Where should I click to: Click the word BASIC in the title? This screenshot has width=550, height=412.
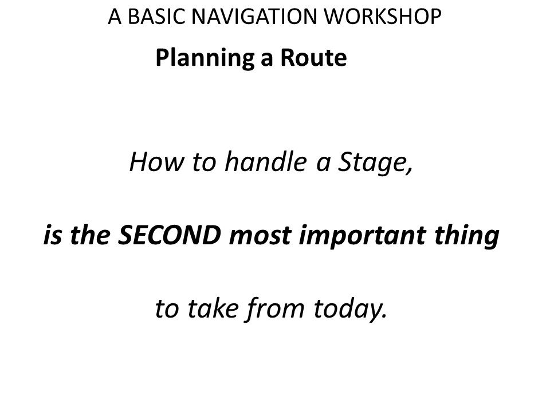click(x=156, y=17)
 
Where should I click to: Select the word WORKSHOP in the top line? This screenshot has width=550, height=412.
click(x=382, y=17)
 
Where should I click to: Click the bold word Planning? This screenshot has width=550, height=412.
click(x=205, y=58)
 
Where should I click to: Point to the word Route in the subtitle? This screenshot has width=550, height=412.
click(x=313, y=57)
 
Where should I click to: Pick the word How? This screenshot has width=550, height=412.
click(x=156, y=161)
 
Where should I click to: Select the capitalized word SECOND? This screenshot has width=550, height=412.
click(x=170, y=235)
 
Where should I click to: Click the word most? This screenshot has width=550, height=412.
click(x=260, y=236)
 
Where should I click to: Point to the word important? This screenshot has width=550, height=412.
click(x=363, y=236)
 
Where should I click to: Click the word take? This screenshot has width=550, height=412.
click(x=213, y=308)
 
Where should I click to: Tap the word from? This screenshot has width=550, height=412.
click(x=274, y=309)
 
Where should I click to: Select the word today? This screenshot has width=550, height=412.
click(x=347, y=309)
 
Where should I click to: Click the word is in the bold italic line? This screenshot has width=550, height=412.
click(x=53, y=235)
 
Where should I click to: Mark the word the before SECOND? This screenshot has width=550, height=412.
click(x=90, y=235)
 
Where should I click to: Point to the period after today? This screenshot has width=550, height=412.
click(x=384, y=316)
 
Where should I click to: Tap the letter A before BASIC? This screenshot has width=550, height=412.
click(x=115, y=17)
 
